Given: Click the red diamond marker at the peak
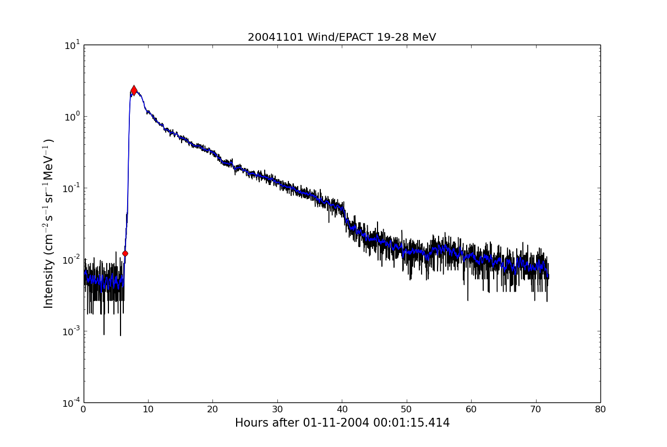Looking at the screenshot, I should (134, 90).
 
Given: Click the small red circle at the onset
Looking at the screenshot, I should (125, 253).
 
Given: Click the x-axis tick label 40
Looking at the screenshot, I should (342, 410).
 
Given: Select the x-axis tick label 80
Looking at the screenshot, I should (600, 410).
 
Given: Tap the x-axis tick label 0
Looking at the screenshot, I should (84, 410).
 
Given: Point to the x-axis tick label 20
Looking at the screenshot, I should (212, 410).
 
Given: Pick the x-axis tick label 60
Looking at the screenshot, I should (471, 410).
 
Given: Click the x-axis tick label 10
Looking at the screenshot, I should (148, 410).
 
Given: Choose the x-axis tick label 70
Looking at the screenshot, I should (535, 410).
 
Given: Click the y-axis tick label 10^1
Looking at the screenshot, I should (72, 45).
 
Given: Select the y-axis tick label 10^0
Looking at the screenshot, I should (72, 116).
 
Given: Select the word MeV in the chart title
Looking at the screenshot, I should (424, 37).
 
